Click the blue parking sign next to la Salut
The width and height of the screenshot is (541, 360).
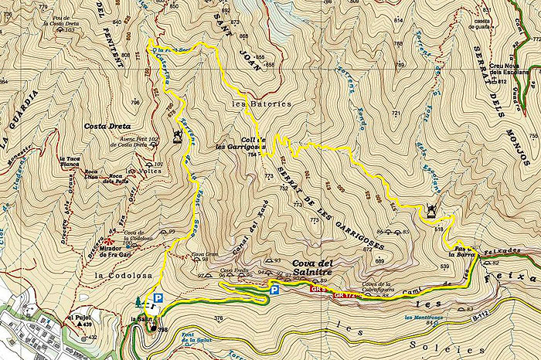tap(158, 297)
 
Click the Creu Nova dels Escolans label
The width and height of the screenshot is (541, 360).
tap(510, 71)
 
